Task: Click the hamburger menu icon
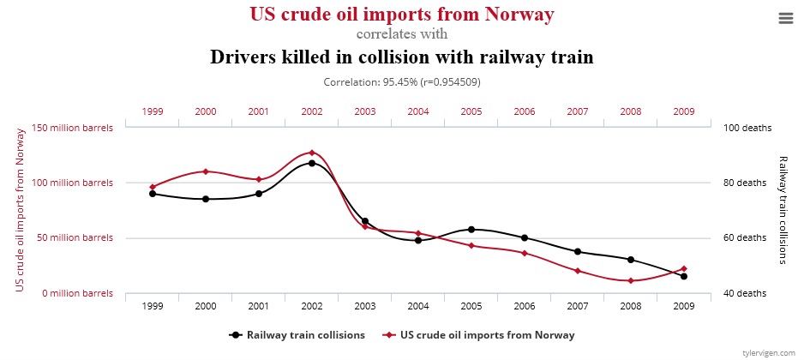pos(786,18)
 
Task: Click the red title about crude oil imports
pos(402,15)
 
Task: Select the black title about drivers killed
pos(402,57)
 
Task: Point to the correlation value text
pos(402,83)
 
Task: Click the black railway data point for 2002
pos(312,163)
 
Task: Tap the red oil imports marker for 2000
pos(206,171)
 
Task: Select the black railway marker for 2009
pos(684,276)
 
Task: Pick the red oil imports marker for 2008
pos(631,280)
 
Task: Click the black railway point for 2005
pos(471,229)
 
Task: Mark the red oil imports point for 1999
pos(153,187)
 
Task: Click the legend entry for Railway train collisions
pos(297,334)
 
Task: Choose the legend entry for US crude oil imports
pos(479,334)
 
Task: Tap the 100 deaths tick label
pos(747,128)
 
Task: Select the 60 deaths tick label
pos(747,237)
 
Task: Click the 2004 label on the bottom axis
pos(418,306)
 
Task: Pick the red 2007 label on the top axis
pos(578,111)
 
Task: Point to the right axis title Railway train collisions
pos(783,210)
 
